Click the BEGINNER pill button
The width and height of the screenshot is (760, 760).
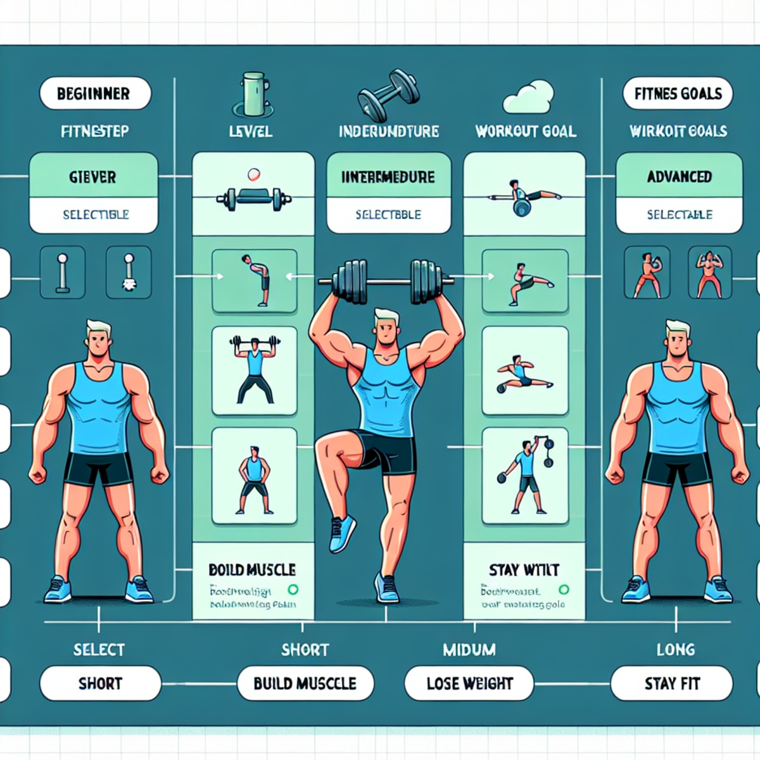click(95, 94)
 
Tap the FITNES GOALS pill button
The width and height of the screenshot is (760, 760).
click(678, 94)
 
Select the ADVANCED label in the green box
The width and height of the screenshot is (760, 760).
click(679, 177)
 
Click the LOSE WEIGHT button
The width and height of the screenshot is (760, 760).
click(469, 683)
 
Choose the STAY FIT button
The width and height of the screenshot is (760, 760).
click(672, 683)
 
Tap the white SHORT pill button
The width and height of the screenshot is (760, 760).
click(100, 683)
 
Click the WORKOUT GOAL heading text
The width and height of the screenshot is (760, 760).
click(526, 132)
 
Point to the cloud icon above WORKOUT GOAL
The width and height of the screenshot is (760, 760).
click(528, 97)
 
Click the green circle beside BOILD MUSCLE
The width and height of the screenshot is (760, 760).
click(293, 590)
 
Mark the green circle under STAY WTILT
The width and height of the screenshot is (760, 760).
click(564, 590)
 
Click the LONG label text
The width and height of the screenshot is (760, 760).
click(676, 649)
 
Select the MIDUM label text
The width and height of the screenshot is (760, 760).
click(469, 649)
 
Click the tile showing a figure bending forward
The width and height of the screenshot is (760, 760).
click(255, 281)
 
